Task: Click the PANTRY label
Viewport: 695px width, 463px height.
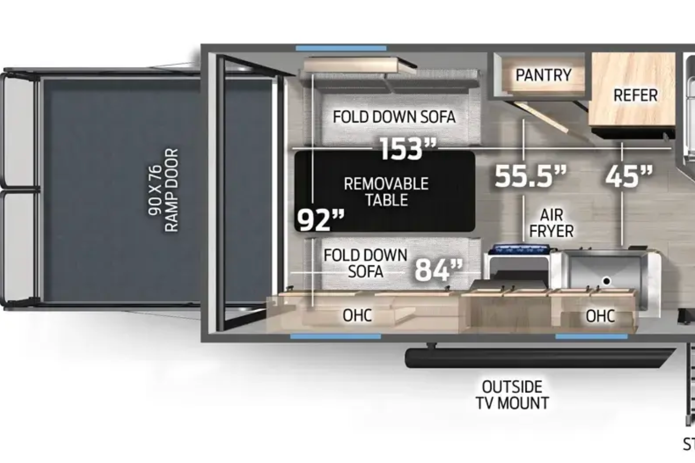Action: coord(543,75)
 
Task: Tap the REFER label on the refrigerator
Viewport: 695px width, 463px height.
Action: coord(636,95)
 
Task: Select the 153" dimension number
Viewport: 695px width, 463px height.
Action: coord(408,149)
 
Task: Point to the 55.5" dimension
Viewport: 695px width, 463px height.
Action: coord(530,176)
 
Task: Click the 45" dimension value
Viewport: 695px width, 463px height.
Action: coord(629,176)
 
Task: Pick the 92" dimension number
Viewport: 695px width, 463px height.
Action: coord(321,220)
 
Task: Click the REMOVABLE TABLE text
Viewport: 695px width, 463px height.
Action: coord(386,192)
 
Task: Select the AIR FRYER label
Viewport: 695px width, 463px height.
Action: coord(551,223)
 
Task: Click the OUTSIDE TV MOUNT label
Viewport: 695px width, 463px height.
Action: coord(512,395)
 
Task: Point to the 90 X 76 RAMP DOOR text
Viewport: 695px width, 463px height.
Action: coord(163,190)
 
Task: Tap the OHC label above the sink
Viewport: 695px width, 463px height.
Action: coord(600,316)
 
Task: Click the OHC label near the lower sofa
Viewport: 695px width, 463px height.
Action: coord(357,315)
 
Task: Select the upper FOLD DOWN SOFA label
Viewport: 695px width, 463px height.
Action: coord(394,117)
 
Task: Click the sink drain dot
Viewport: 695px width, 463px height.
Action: coord(607,281)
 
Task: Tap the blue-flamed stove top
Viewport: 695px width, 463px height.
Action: coord(521,248)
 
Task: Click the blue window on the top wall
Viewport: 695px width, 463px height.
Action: coord(341,49)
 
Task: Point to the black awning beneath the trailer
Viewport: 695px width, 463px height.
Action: coord(540,358)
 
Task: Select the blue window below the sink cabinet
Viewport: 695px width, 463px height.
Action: coord(591,336)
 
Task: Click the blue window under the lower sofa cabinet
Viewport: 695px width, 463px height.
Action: coord(335,336)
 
